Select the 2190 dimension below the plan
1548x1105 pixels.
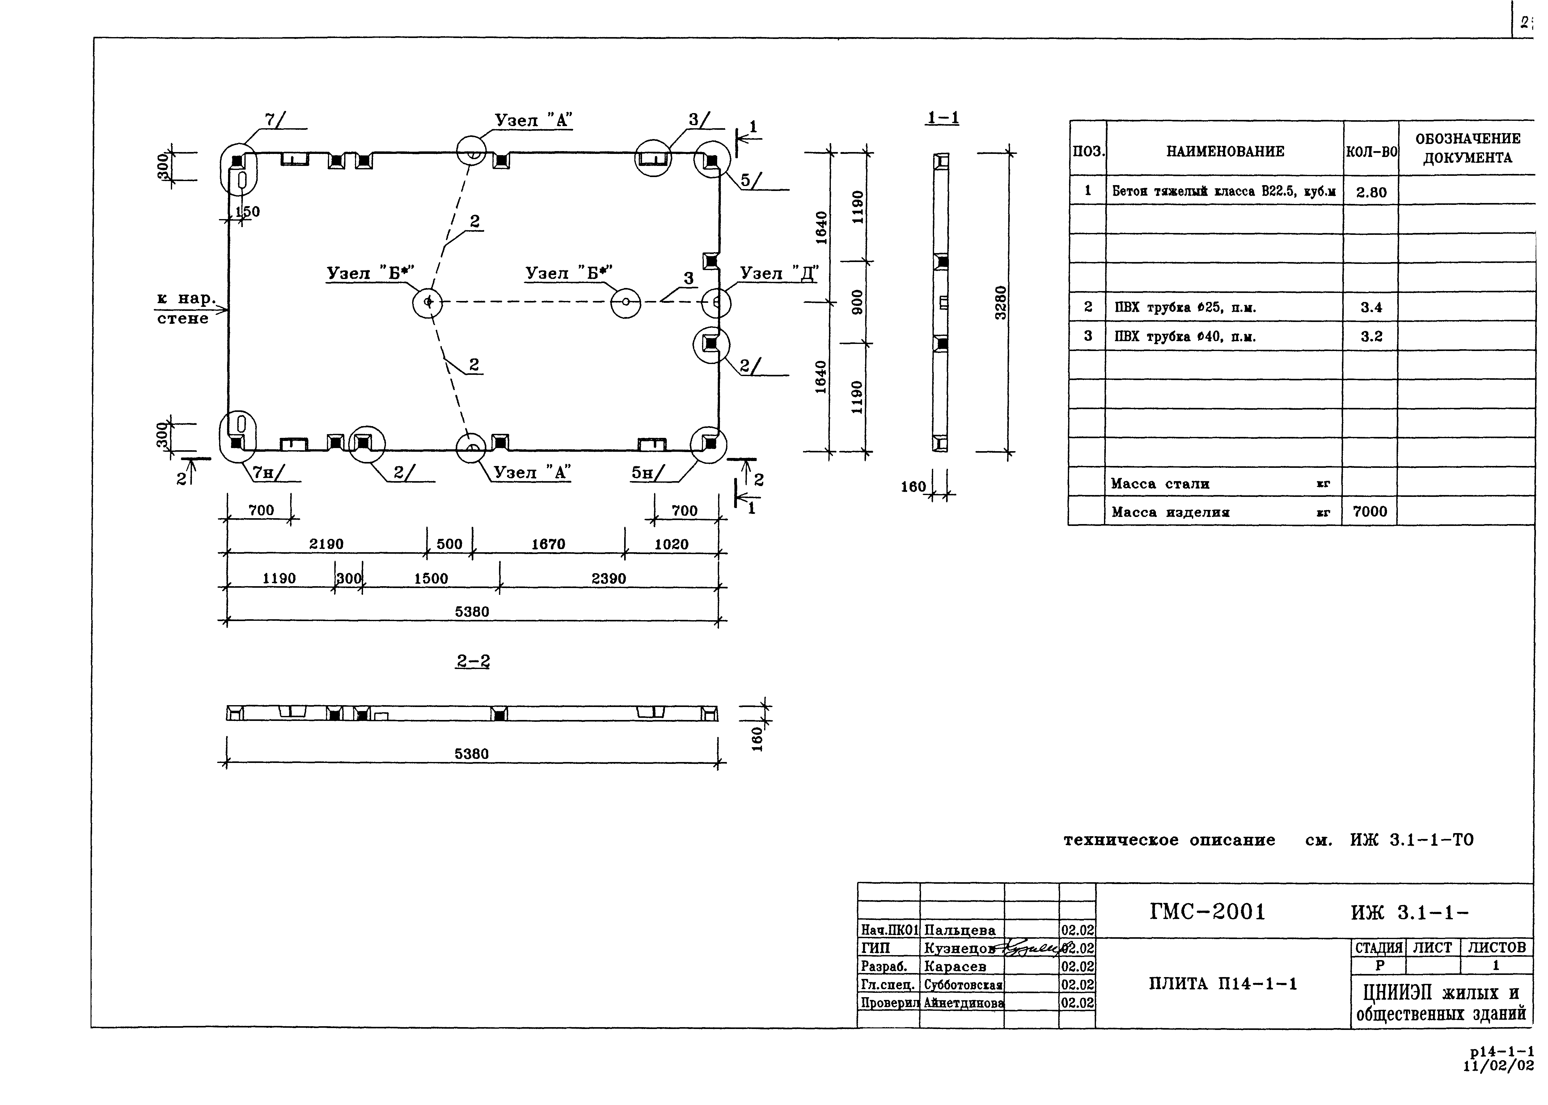(x=327, y=544)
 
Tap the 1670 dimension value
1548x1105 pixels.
(x=548, y=544)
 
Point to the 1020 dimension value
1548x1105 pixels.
(x=672, y=544)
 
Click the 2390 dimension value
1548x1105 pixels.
(x=608, y=578)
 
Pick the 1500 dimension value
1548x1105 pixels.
(x=431, y=578)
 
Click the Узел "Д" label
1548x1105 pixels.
(x=779, y=273)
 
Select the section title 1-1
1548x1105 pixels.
(x=942, y=118)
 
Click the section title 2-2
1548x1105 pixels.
(x=473, y=661)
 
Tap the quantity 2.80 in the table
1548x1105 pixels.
(x=1371, y=193)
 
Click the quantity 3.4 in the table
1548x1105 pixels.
(x=1371, y=307)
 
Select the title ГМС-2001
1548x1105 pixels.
(x=1208, y=912)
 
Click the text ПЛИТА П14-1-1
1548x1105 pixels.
(x=1223, y=984)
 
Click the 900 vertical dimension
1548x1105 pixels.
(x=857, y=302)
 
